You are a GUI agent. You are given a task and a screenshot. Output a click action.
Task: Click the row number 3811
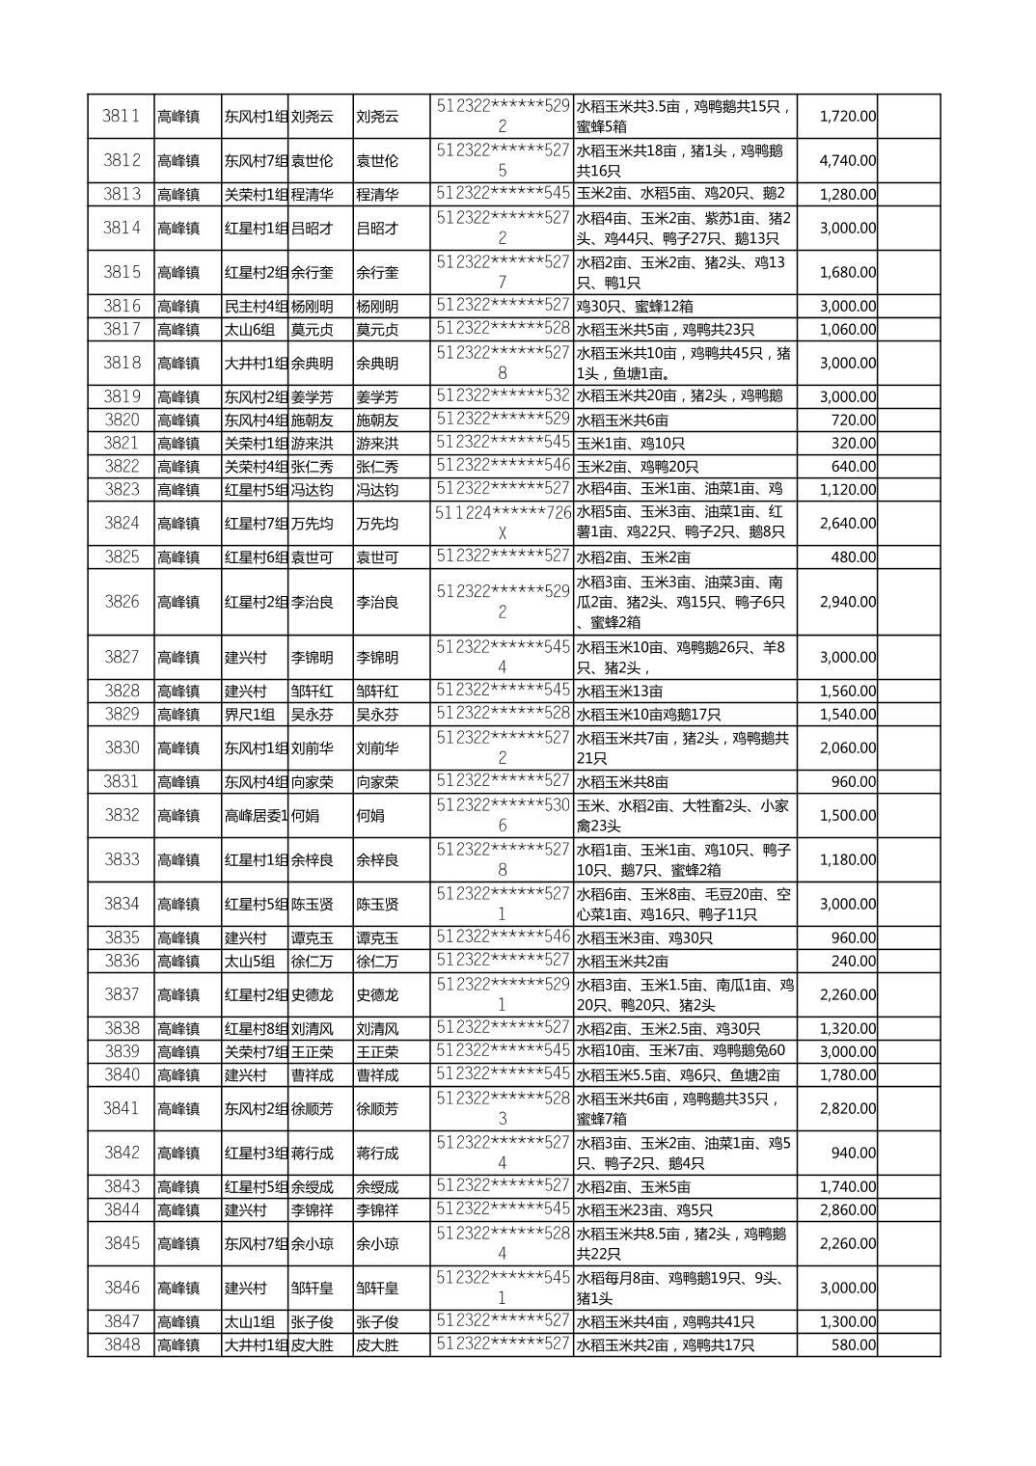(x=122, y=116)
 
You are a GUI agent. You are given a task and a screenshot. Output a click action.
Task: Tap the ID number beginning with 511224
(x=503, y=523)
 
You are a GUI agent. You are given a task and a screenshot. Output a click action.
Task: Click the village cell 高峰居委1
(x=256, y=815)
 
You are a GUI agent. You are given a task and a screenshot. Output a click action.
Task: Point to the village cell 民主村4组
(x=256, y=306)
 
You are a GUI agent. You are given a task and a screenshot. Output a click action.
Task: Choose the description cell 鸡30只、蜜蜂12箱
(x=631, y=306)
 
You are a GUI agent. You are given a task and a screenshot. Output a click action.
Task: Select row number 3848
(x=122, y=1344)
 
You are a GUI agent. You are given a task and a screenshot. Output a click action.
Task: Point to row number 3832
(x=122, y=815)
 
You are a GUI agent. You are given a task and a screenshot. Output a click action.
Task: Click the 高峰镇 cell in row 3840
(x=178, y=1074)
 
